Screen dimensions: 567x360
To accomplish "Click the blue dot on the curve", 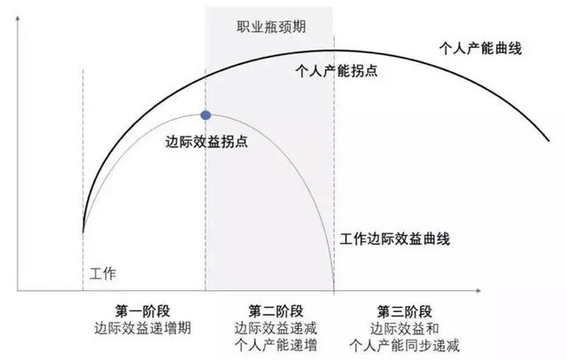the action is (206, 115).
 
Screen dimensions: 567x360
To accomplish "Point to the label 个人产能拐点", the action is (336, 70).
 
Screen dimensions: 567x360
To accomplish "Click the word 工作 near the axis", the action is (104, 272).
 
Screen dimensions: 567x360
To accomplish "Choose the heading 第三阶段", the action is (404, 310).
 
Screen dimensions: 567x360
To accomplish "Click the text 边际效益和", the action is (404, 327).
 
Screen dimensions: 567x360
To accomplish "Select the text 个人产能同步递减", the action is (404, 344).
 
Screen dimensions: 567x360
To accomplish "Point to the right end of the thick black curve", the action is (547, 138).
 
